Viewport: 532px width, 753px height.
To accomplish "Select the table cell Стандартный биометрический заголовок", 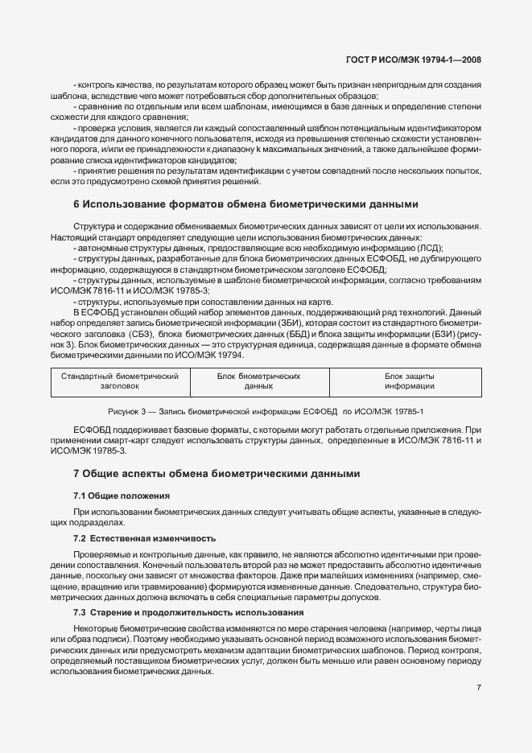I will tap(120, 381).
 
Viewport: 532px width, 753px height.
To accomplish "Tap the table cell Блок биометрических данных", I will tap(259, 381).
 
